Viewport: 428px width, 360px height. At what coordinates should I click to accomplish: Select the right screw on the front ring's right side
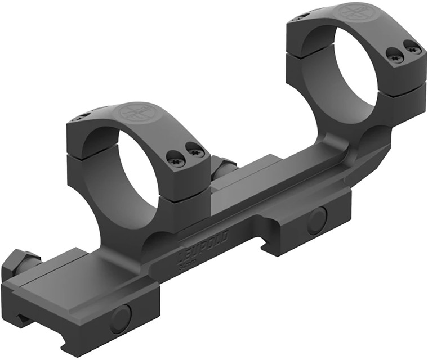pyautogui.click(x=195, y=150)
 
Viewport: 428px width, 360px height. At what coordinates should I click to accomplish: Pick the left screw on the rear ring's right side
pyautogui.click(x=394, y=54)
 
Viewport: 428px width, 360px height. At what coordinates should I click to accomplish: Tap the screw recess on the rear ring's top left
pyautogui.click(x=301, y=16)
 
